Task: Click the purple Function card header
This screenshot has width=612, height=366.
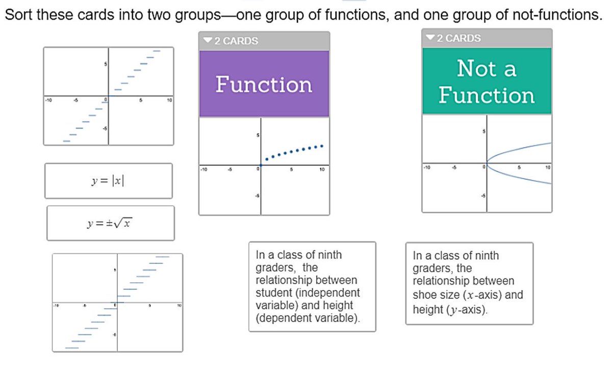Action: pyautogui.click(x=264, y=84)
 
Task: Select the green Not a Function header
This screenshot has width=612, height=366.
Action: pyautogui.click(x=487, y=82)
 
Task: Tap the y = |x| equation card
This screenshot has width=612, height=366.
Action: pyautogui.click(x=108, y=181)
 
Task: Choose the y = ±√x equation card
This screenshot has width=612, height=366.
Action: pyautogui.click(x=110, y=223)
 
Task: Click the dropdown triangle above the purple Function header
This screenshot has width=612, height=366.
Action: pyautogui.click(x=207, y=41)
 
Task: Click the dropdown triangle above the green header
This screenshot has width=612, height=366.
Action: pyautogui.click(x=430, y=38)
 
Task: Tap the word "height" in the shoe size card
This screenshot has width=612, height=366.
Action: pyautogui.click(x=426, y=310)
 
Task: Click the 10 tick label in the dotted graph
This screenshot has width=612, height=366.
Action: pyautogui.click(x=322, y=169)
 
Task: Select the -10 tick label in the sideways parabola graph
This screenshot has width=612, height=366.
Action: pyautogui.click(x=427, y=167)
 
